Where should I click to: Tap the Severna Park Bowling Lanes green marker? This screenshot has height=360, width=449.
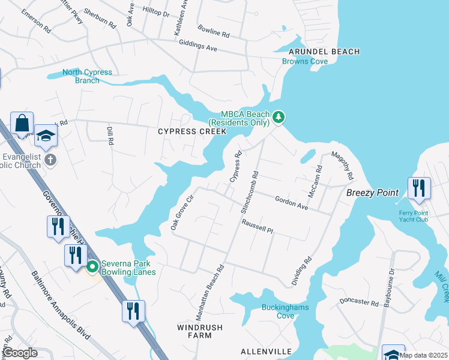click(92, 266)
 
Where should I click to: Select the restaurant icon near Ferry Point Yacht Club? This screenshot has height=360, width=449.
click(418, 188)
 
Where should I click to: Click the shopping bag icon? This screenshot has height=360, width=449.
click(22, 123)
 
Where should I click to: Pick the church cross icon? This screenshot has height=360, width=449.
click(50, 160)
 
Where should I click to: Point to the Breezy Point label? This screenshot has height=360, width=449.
click(372, 193)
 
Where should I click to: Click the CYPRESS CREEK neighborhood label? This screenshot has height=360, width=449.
click(192, 131)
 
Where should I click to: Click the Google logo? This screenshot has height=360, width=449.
click(20, 353)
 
